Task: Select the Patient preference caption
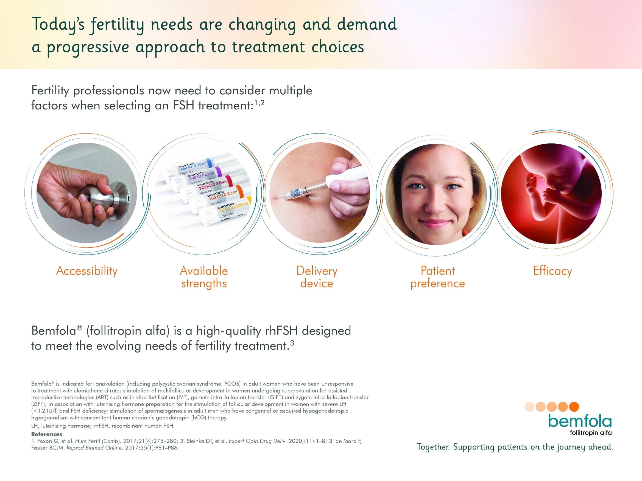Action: click(x=438, y=277)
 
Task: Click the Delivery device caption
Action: click(x=317, y=277)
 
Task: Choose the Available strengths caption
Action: click(x=204, y=277)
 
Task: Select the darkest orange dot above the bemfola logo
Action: click(x=574, y=407)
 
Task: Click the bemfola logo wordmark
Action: click(x=580, y=421)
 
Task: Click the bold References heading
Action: click(x=47, y=434)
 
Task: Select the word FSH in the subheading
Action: click(x=183, y=105)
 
